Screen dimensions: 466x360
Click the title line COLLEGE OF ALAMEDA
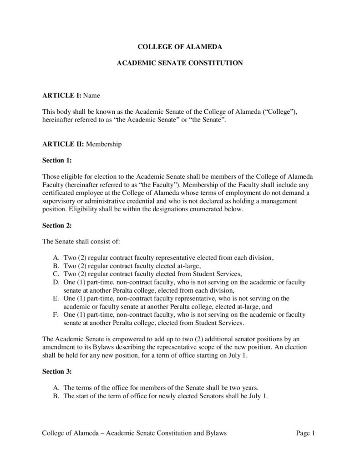180,47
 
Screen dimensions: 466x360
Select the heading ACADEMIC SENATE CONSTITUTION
180,64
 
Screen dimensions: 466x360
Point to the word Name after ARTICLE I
91,96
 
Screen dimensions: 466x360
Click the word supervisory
60,201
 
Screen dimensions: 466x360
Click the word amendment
60,347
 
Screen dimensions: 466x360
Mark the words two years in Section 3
246,388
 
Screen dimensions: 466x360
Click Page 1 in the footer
305,433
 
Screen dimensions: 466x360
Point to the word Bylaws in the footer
216,433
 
